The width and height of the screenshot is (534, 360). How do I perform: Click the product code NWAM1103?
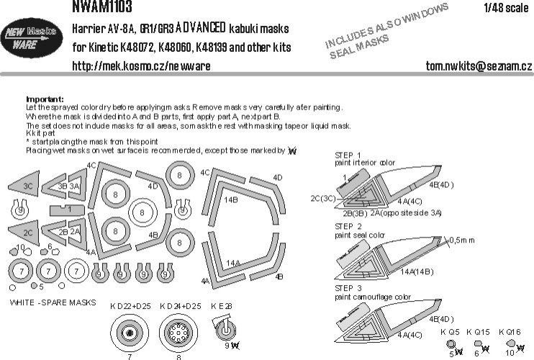tap(101, 7)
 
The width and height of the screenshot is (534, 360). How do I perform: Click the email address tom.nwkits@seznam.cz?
tap(467, 66)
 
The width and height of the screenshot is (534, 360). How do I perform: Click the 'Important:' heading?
tap(45, 99)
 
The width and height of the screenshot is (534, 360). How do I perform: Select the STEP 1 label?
tap(349, 155)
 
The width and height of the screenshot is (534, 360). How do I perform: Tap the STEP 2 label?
tap(349, 225)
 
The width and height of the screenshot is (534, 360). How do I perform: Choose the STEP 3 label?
tap(349, 287)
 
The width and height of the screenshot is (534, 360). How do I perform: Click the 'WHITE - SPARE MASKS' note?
tap(53, 303)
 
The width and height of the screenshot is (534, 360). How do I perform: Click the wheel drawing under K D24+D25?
tap(179, 333)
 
